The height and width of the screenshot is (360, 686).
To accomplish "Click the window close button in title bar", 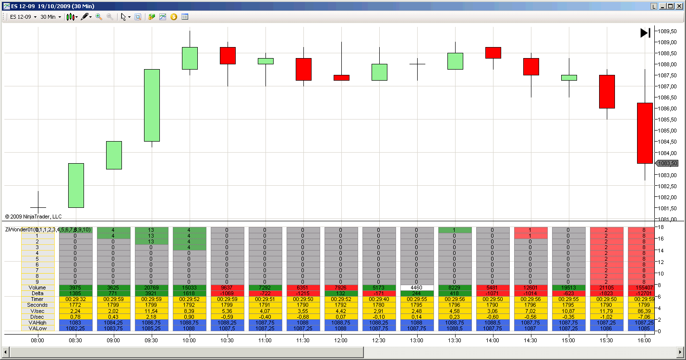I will [x=679, y=6].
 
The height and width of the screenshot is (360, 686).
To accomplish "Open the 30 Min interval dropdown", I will [x=50, y=17].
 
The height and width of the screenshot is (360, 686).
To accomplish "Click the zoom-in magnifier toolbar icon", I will [x=99, y=17].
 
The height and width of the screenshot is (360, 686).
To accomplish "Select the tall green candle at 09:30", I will [x=152, y=105].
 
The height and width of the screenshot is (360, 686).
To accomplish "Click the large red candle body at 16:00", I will [x=645, y=133].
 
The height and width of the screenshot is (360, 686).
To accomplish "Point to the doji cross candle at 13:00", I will [x=417, y=64].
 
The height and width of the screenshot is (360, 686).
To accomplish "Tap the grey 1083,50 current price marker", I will [x=667, y=163].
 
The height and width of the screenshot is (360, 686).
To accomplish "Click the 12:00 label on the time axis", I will [x=341, y=340].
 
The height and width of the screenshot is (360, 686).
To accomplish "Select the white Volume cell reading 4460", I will [x=417, y=288].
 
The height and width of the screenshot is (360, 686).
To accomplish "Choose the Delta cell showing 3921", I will [x=152, y=293].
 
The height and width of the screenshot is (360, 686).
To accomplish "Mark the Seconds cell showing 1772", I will [x=76, y=305].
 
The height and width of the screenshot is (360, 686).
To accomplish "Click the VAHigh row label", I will [x=37, y=322].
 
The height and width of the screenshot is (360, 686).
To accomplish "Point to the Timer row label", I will [x=37, y=299].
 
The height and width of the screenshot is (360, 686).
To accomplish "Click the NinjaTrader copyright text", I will [x=34, y=216].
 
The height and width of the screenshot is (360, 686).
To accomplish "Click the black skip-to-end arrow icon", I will [x=645, y=33].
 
